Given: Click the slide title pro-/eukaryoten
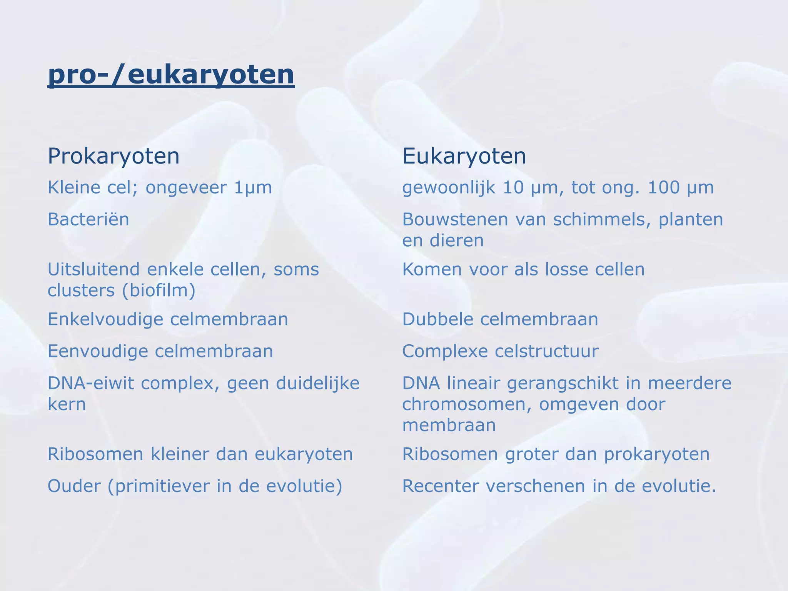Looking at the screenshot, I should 171,75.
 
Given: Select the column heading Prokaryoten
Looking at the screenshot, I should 114,156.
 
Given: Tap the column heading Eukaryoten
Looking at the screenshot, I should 464,156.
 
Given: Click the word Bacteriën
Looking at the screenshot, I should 88,220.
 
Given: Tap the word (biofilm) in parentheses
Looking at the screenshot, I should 159,290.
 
